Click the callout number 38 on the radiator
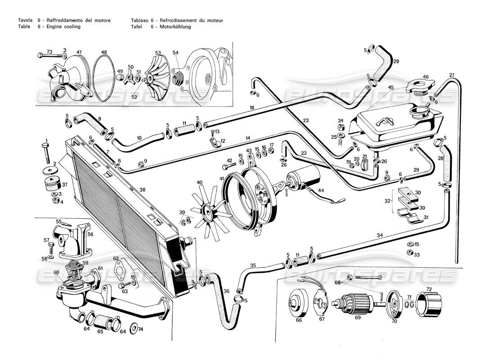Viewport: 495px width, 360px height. pos(143,190)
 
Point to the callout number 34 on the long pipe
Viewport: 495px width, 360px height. pos(380,235)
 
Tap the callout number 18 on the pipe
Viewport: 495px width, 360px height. pos(252,108)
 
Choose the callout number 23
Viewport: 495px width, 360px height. pos(306,120)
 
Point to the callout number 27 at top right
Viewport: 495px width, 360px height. pos(452,75)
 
